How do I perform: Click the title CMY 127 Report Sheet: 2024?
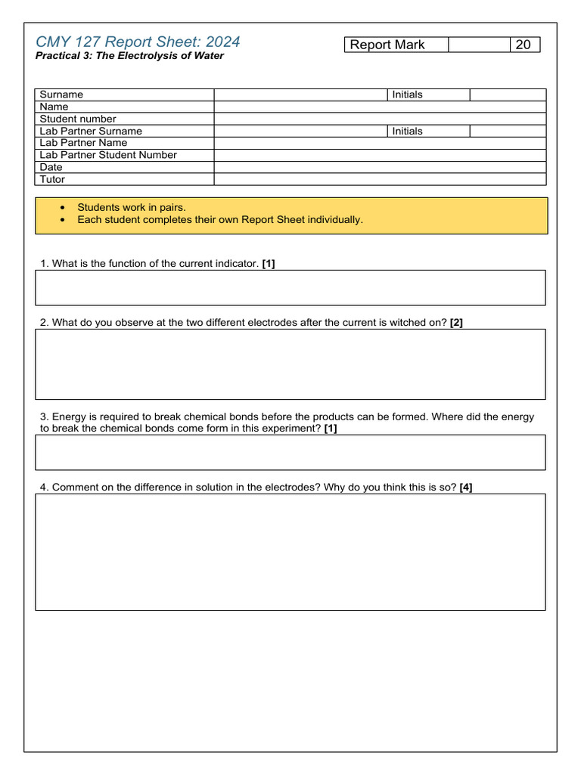[x=138, y=42]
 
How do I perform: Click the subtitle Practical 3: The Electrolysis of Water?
[x=129, y=56]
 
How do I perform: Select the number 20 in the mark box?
[x=523, y=45]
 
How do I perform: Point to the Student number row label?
[x=78, y=119]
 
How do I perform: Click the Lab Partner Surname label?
[x=91, y=131]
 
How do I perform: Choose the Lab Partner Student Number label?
[x=108, y=155]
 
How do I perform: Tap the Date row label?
[x=51, y=167]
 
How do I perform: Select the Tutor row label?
[x=52, y=179]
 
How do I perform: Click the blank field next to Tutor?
[x=380, y=179]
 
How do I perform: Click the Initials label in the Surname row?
[x=408, y=94]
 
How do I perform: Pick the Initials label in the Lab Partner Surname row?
[x=408, y=131]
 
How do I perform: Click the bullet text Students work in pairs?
[x=132, y=207]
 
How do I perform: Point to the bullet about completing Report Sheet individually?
[x=220, y=220]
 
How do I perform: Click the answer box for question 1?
[x=290, y=287]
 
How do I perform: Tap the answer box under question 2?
[x=290, y=364]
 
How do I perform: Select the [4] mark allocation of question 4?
[x=466, y=488]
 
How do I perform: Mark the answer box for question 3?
[x=290, y=452]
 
